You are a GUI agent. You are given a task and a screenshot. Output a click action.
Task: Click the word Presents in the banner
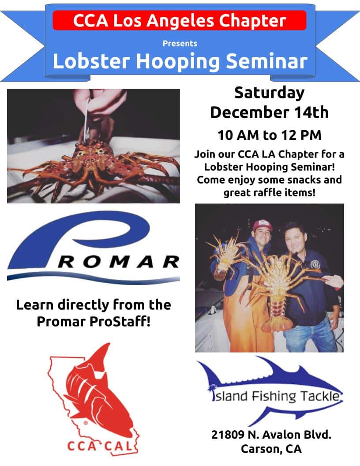pyautogui.click(x=180, y=44)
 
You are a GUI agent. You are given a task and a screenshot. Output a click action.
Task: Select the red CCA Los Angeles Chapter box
pyautogui.click(x=179, y=21)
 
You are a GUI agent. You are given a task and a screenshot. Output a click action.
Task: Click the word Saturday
pyautogui.click(x=269, y=93)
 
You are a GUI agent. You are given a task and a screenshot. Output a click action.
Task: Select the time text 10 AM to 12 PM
pyautogui.click(x=269, y=135)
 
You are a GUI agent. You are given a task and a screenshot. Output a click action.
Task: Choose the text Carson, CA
pyautogui.click(x=271, y=449)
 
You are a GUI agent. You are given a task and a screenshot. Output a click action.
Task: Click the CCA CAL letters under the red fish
pyautogui.click(x=100, y=446)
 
